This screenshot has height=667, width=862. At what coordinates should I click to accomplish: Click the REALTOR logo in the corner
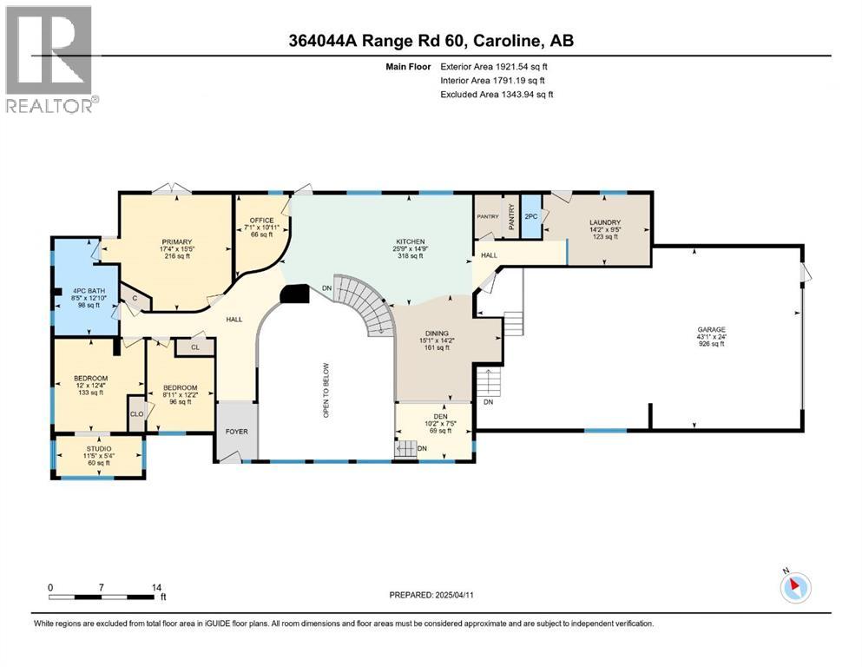[52, 59]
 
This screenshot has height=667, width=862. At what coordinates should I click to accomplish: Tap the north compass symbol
[795, 587]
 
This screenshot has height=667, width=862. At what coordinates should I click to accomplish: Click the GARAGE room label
[711, 329]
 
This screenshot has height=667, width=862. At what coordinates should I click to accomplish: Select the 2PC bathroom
[531, 216]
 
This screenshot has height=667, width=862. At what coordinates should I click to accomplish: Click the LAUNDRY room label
[605, 222]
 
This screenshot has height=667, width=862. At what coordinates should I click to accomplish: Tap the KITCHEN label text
[411, 241]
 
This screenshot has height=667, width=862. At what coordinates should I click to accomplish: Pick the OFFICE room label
[261, 220]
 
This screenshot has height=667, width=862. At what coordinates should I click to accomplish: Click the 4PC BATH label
[89, 291]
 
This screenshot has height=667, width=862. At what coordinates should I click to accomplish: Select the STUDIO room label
[99, 449]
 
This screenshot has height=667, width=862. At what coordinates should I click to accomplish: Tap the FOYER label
[237, 432]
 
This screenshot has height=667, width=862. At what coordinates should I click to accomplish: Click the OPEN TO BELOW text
[326, 390]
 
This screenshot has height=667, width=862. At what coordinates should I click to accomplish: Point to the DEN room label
[440, 416]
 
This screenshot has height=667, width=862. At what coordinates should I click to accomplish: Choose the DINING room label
[437, 333]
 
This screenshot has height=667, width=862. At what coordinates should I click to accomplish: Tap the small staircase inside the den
[406, 449]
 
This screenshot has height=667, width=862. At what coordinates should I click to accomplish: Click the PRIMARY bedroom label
[177, 242]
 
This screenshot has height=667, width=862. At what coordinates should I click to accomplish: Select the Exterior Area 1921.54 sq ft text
[494, 67]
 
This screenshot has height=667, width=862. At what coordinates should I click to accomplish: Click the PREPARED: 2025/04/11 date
[431, 595]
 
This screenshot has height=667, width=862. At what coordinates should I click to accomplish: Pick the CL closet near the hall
[195, 347]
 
